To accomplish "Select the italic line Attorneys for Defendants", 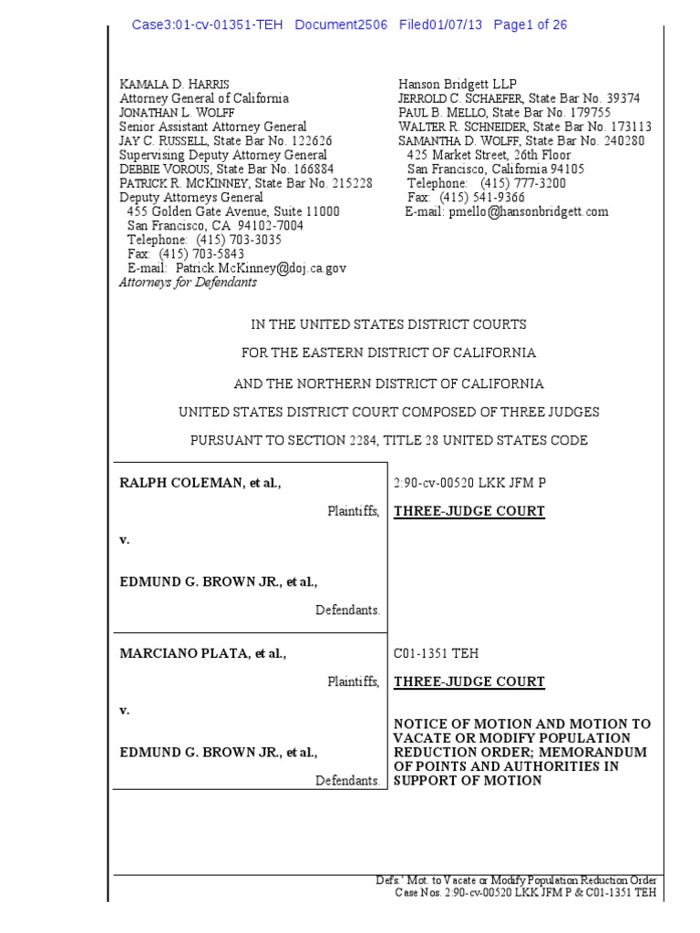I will click(188, 282).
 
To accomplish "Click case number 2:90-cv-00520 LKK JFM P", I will click(469, 484).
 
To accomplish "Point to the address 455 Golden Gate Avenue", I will click(195, 212).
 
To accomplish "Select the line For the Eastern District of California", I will click(388, 353).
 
